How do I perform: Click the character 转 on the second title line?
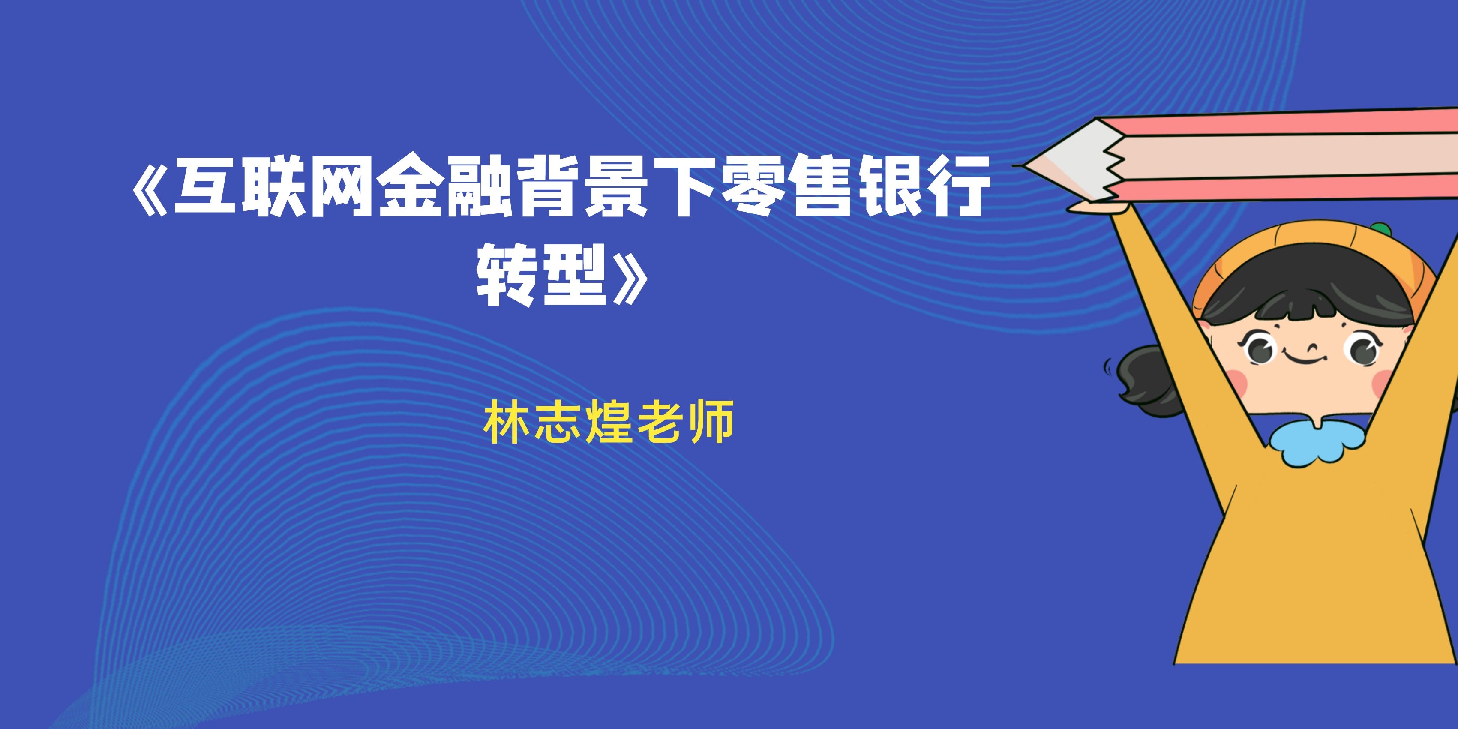coord(506,275)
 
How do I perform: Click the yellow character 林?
coord(507,422)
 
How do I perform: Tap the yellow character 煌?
coord(609,422)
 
